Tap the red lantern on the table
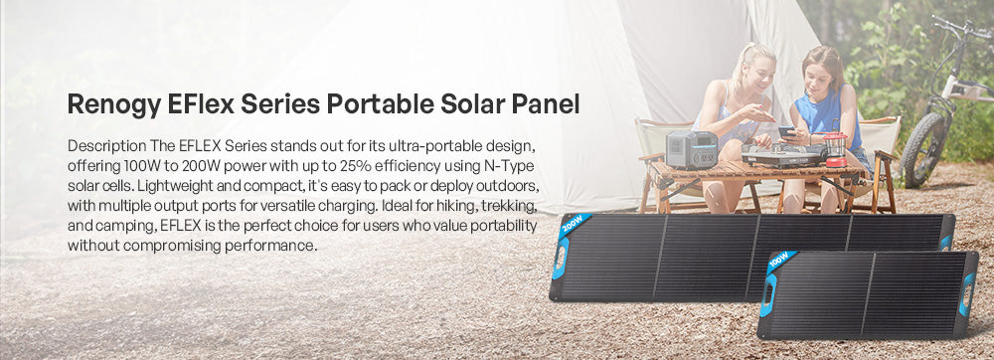tap(836, 149)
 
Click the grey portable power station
tap(691, 149)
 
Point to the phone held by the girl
tap(786, 131)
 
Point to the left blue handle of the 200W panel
tap(560, 258)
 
